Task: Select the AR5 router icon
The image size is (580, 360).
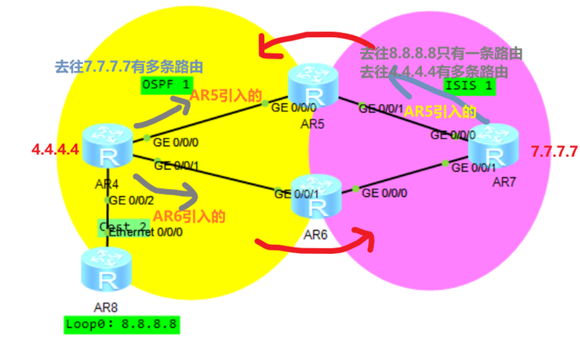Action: pyautogui.click(x=312, y=86)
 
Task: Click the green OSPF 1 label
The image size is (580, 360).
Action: pyautogui.click(x=165, y=84)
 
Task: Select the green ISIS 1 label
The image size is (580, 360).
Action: pyautogui.click(x=468, y=85)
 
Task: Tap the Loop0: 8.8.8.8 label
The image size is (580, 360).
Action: pyautogui.click(x=122, y=324)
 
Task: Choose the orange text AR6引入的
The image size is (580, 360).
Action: pyautogui.click(x=188, y=217)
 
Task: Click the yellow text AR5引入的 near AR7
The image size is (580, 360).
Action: pyautogui.click(x=440, y=112)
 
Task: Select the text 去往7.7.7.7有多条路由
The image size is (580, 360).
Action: pyautogui.click(x=128, y=67)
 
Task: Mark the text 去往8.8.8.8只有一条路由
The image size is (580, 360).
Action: pyautogui.click(x=442, y=53)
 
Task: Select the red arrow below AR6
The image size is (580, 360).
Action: pyautogui.click(x=314, y=241)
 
